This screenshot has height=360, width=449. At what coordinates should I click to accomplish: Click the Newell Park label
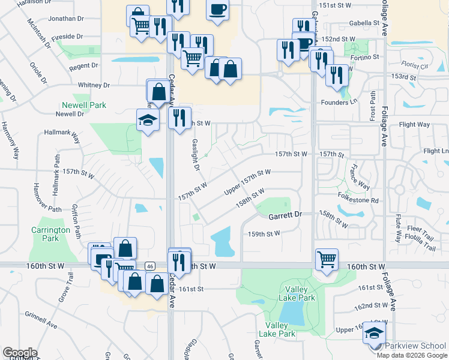coord(84,105)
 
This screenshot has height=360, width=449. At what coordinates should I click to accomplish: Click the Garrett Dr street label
coord(285,214)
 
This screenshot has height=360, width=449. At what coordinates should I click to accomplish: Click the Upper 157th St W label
coord(247,181)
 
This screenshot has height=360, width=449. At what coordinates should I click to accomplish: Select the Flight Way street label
coord(414,125)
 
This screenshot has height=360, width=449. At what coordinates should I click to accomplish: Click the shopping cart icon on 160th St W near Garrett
coord(327,259)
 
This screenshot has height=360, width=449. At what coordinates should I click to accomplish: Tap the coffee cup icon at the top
coord(217,10)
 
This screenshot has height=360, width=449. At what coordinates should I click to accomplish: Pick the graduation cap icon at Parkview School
coord(375,333)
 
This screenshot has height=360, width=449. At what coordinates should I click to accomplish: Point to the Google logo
coord(19,353)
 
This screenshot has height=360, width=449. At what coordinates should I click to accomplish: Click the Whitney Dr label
coord(94,85)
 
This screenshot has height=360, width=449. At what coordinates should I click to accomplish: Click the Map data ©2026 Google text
coord(411,355)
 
